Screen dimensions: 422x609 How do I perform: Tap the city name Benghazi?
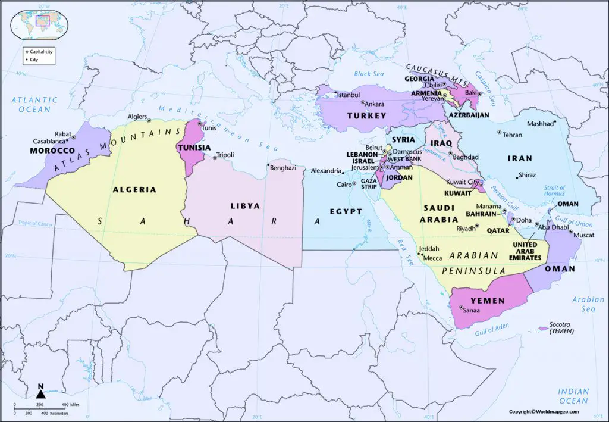283,168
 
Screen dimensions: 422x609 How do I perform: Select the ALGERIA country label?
134,190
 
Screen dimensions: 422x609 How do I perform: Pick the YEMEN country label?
487,301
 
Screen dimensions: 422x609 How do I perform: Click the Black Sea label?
370,74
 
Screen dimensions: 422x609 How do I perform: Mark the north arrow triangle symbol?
40,393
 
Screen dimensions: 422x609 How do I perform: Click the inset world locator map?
39,23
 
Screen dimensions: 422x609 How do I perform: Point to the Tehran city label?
512,135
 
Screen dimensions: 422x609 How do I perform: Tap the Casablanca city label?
49,142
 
